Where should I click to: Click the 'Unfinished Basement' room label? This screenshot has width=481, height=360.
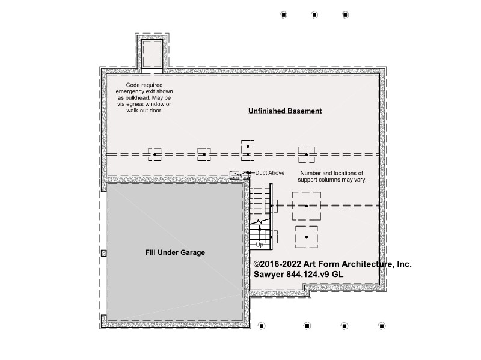[285, 111]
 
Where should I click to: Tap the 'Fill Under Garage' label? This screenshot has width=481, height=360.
[175, 252]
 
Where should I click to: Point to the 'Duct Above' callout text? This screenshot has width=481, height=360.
[270, 173]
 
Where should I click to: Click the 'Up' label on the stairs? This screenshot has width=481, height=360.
[260, 245]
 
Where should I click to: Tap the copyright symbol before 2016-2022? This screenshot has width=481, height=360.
[257, 264]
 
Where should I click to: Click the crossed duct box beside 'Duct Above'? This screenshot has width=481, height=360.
[239, 175]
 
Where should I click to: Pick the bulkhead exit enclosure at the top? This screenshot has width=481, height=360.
[152, 53]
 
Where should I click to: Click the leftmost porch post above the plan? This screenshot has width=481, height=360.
[284, 14]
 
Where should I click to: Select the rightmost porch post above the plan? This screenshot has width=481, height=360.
[345, 14]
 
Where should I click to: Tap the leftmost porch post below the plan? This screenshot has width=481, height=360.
[262, 326]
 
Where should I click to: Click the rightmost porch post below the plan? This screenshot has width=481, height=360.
[382, 326]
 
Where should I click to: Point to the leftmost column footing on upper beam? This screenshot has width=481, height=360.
[155, 154]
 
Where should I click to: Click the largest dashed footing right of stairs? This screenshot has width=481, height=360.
[307, 206]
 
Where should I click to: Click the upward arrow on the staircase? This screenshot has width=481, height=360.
[260, 233]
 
